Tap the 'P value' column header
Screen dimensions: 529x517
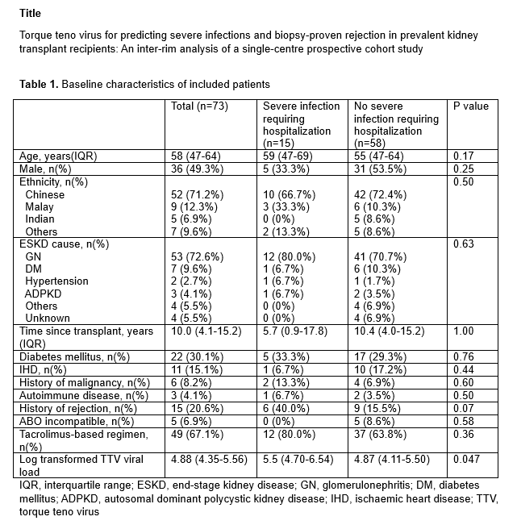[471, 106]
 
